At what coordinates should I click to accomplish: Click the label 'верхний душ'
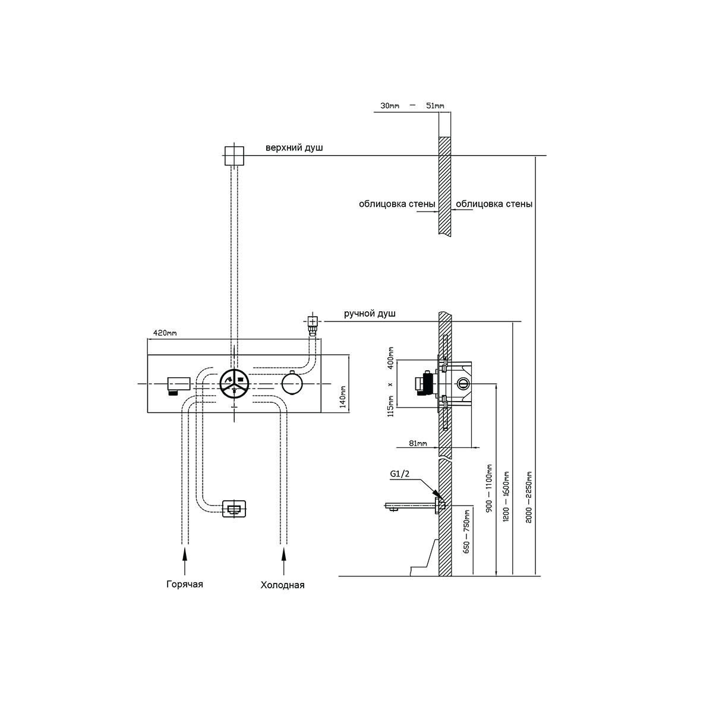(x=294, y=148)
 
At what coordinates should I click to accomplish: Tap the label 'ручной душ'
(x=370, y=314)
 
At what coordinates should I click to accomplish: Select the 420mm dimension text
(x=165, y=333)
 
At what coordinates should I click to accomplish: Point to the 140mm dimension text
(x=343, y=396)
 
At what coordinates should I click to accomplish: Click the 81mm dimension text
(x=418, y=443)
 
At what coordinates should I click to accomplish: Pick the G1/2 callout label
(x=400, y=474)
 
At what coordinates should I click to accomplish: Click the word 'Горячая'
(x=185, y=585)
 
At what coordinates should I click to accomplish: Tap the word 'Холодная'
(x=282, y=585)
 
